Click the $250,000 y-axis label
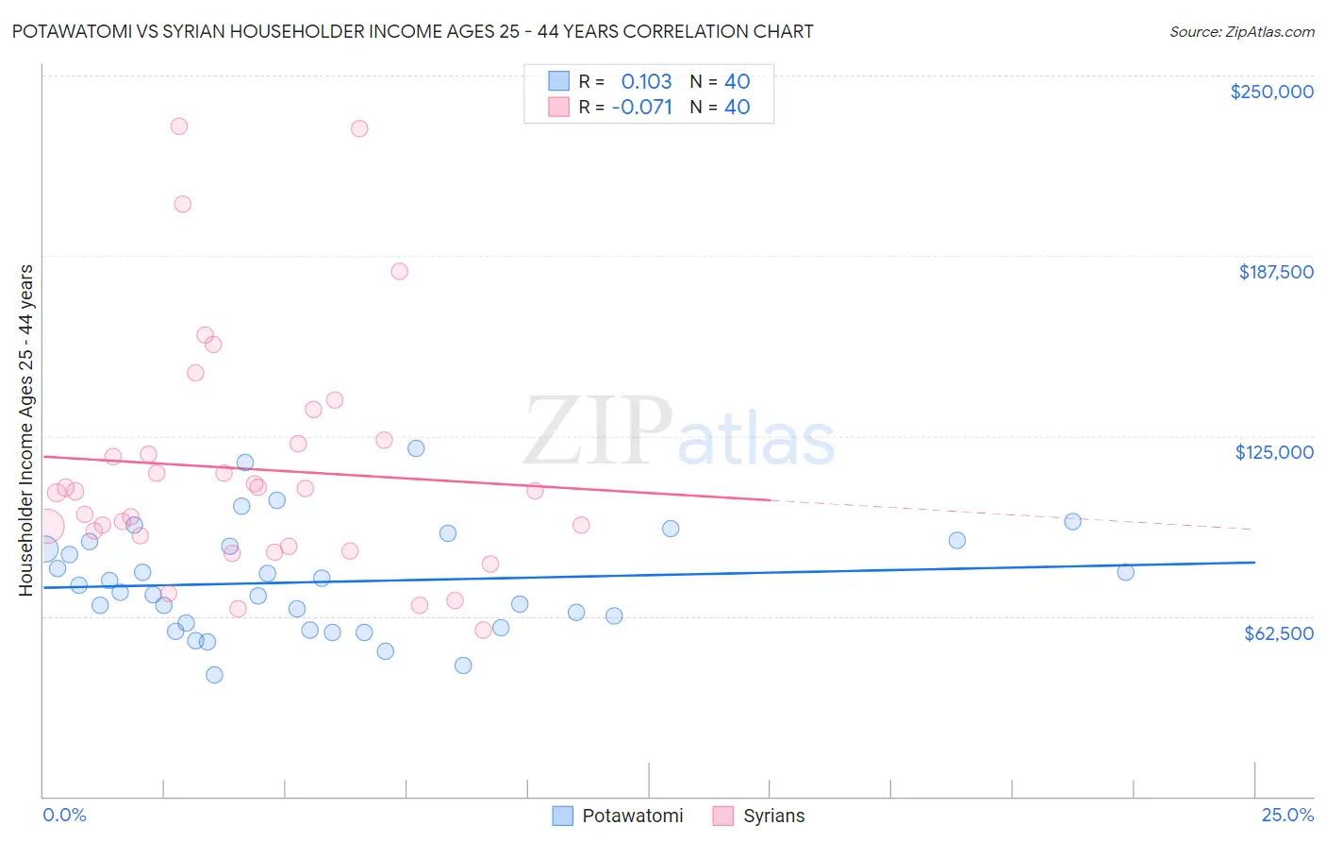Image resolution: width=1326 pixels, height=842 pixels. point(1271,92)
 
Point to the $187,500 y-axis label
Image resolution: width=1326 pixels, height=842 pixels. point(1275,272)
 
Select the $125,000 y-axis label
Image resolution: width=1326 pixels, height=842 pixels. point(1274,452)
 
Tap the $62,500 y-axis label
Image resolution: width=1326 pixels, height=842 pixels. point(1278,632)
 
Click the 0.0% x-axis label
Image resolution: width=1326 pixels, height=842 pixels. point(64,815)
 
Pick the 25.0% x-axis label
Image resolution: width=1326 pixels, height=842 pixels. point(1287,815)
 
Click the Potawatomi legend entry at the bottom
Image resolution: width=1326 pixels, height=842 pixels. point(618,816)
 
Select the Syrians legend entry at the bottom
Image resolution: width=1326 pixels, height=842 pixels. point(759,816)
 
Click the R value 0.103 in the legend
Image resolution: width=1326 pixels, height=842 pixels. point(646,81)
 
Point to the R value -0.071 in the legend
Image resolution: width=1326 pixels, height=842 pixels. point(641,107)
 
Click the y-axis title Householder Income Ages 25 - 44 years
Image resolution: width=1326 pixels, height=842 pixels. point(26,430)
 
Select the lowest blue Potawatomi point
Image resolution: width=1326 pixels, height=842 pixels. point(214,675)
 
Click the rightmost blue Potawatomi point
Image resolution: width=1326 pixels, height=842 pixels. point(1125,572)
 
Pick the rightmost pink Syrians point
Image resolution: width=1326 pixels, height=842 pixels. point(581,525)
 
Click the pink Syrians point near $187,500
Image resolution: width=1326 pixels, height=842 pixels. point(399,271)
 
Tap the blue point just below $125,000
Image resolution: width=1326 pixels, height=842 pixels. point(416,448)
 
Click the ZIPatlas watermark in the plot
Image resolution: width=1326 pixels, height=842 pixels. point(679,431)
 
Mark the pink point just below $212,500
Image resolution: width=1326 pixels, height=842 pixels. point(183,204)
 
